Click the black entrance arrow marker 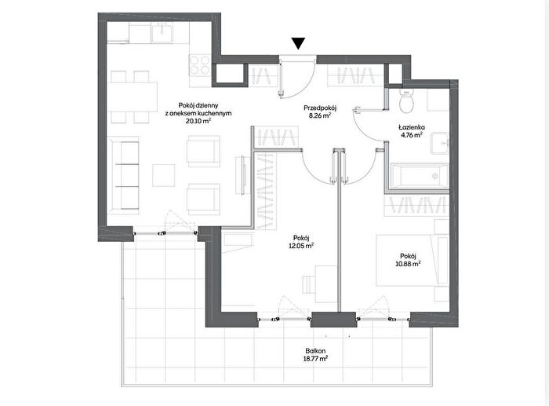point(299,43)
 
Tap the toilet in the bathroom point(407,101)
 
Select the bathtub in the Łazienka point(420,176)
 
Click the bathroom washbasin point(440,143)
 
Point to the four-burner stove point(199,65)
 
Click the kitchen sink point(162,32)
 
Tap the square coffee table point(163,175)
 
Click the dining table point(132,97)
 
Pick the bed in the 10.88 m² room point(412,260)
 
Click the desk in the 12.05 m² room point(326,283)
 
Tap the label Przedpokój point(318,108)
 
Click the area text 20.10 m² point(198,121)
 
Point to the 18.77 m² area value point(315,358)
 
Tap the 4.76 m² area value point(412,134)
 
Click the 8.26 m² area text point(318,115)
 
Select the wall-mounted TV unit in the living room point(241,175)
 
